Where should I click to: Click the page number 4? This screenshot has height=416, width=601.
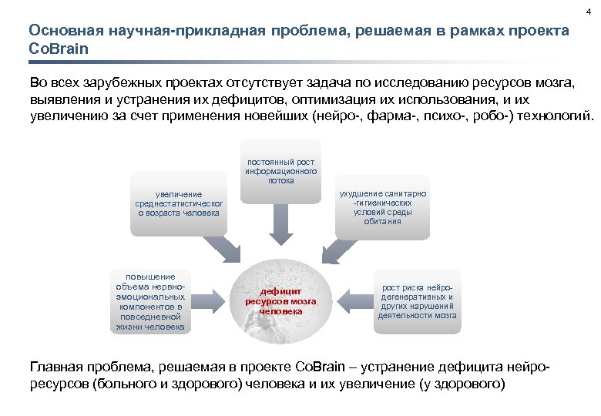(588, 9)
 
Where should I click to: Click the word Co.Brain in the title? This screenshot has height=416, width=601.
(59, 49)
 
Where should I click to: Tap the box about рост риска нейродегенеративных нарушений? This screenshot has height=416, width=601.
(418, 301)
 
